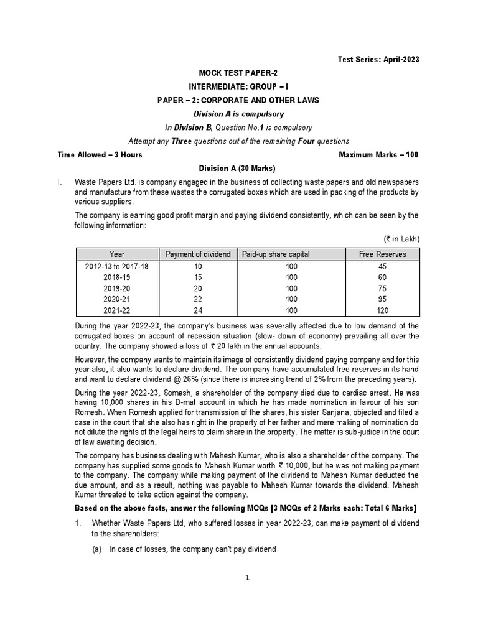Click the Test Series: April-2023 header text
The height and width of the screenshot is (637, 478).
378,59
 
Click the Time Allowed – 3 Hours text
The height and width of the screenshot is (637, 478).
100,155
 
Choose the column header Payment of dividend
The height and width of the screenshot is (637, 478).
198,254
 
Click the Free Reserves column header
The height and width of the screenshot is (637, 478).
382,254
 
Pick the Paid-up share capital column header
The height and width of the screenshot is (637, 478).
276,254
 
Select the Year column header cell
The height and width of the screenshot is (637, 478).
117,254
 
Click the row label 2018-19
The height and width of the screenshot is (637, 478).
117,277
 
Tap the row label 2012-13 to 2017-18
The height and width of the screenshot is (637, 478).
117,266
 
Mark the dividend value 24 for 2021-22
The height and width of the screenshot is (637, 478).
198,310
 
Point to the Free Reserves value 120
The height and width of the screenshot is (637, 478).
382,310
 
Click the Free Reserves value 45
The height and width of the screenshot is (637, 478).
382,266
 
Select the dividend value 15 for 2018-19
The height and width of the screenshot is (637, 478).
198,277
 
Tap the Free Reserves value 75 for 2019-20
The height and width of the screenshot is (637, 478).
382,289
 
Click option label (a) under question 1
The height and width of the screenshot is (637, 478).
98,549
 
